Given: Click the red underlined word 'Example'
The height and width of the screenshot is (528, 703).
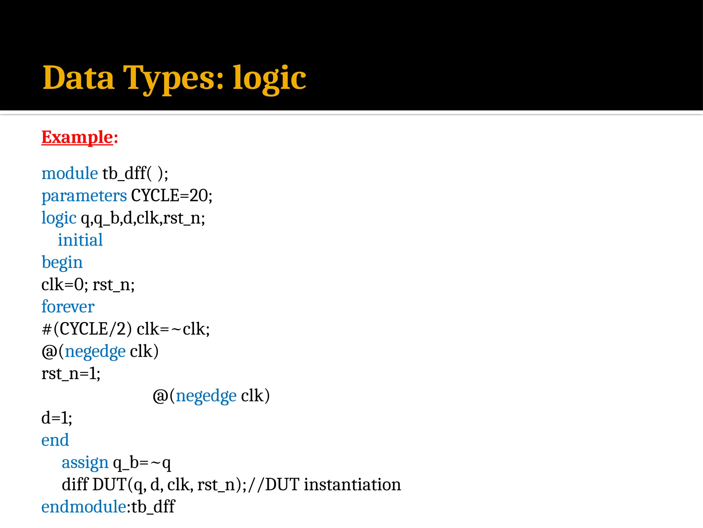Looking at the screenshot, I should point(77,137).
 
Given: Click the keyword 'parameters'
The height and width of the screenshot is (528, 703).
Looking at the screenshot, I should point(84,196).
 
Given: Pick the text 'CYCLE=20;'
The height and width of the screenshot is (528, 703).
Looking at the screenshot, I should point(172,196).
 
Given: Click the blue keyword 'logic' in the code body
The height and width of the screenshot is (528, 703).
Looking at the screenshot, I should point(59,218).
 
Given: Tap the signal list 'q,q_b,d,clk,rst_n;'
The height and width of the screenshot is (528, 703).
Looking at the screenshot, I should point(143,218).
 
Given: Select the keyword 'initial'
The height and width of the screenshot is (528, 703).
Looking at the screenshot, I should point(80,240).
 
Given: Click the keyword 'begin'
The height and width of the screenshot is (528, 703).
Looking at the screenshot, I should point(62,263).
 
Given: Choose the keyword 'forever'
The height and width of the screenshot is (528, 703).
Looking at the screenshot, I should point(68,307).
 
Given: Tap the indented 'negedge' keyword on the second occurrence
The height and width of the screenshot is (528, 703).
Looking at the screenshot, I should point(206,396).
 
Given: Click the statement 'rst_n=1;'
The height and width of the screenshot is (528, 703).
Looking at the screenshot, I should point(71,374).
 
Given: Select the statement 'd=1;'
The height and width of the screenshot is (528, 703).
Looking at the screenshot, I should point(57,418).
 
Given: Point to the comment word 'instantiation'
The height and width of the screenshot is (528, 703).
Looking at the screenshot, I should point(352,485).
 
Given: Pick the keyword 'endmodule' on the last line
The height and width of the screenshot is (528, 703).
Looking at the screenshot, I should point(84,507).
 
